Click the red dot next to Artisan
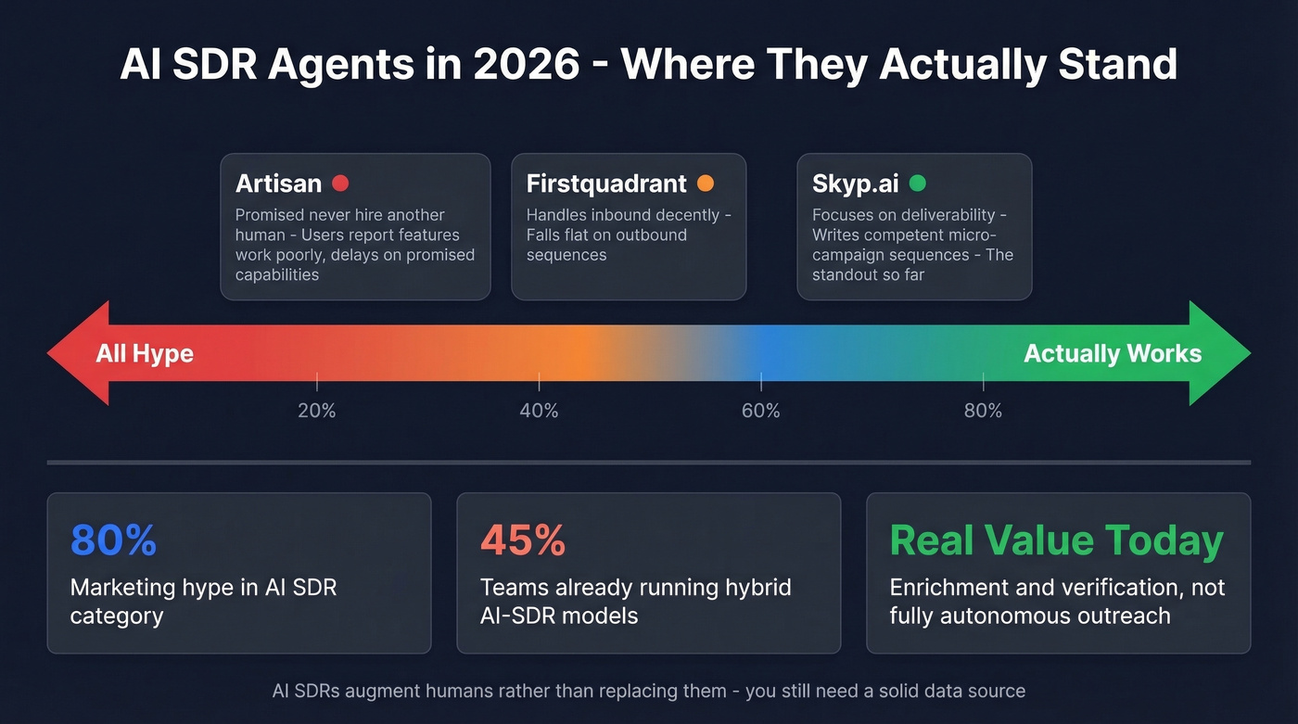[340, 184]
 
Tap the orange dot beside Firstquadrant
[705, 184]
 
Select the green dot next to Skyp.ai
[917, 184]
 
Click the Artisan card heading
[278, 184]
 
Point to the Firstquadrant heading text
[606, 184]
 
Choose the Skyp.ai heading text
[855, 184]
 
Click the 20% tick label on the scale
[317, 411]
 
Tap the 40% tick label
[539, 411]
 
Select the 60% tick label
[761, 411]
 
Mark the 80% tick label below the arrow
[983, 411]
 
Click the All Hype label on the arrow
[145, 353]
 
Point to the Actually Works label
[1113, 353]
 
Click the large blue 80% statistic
[113, 540]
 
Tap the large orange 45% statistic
[523, 540]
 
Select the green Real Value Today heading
[1057, 540]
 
